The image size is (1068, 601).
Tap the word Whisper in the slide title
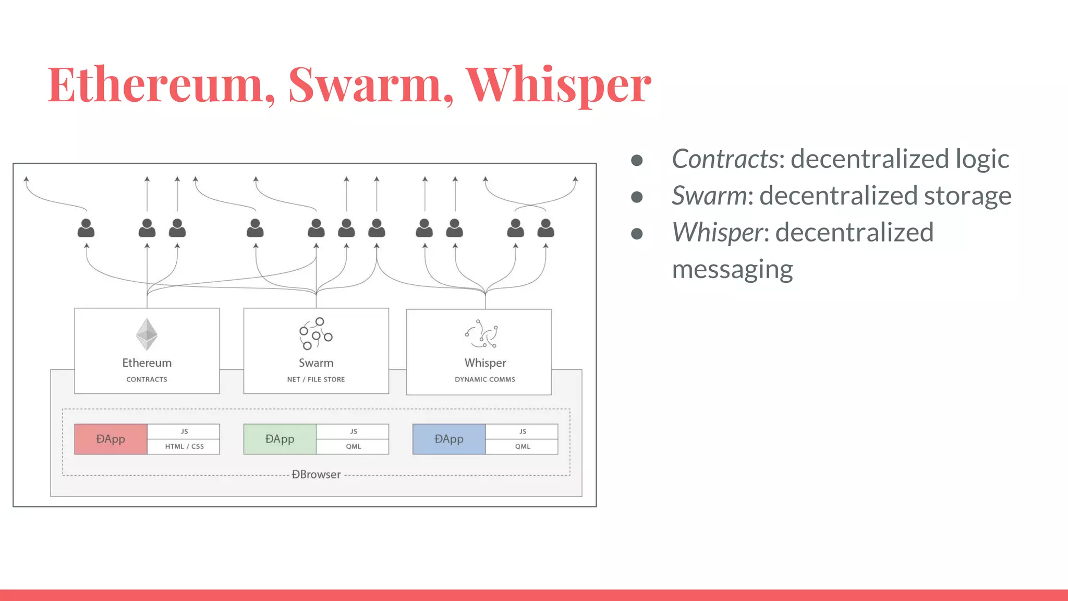558,85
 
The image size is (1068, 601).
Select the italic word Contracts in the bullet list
725,159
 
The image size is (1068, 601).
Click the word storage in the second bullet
967,196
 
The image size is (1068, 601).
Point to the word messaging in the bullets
732,270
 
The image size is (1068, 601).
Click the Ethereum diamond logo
147,334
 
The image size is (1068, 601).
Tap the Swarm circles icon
315,333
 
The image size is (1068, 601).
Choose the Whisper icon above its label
482,334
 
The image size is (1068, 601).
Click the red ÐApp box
111,439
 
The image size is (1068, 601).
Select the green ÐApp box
280,439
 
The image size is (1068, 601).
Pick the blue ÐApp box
448,439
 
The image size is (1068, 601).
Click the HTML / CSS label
184,447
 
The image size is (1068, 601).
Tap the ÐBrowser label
316,475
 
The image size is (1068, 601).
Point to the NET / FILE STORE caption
316,379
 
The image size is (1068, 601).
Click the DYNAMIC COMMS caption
485,379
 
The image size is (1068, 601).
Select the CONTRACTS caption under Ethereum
147,379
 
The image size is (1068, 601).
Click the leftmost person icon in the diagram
86,228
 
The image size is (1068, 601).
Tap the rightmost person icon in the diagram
545,228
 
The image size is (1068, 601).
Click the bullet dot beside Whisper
637,233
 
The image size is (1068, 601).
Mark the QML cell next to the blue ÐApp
523,447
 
